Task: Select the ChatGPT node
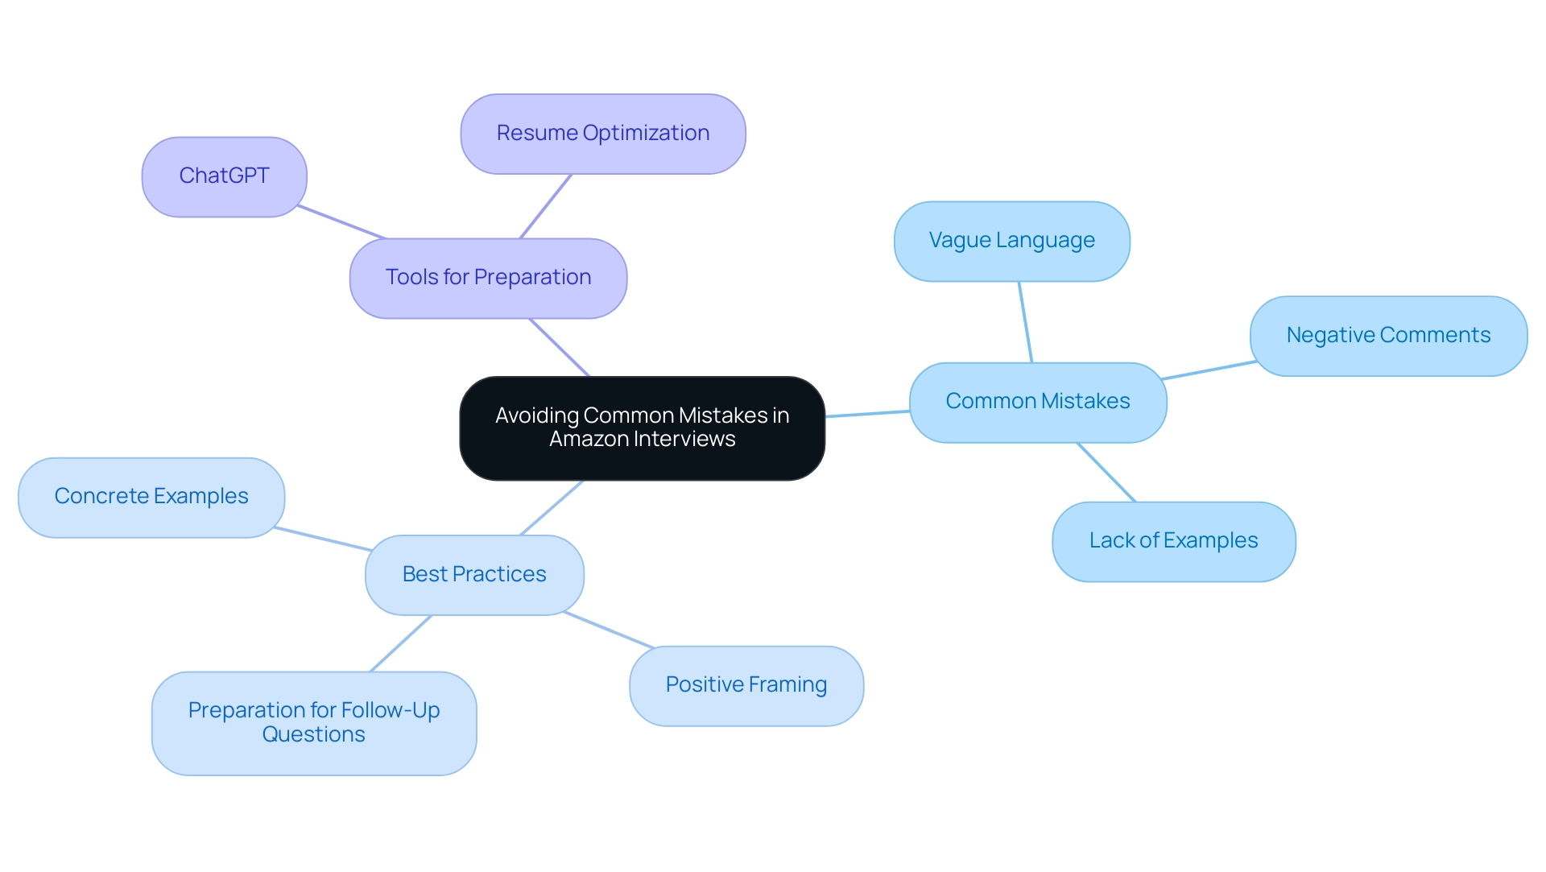[x=224, y=176]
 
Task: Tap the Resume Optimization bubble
[x=602, y=134]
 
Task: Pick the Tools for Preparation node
[x=488, y=278]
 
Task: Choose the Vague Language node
[x=1011, y=241]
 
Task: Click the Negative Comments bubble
[x=1387, y=336]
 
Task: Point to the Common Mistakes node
[x=1037, y=402]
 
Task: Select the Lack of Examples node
[x=1173, y=541]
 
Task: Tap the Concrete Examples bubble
[x=151, y=497]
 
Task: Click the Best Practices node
[x=474, y=575]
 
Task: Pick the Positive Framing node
[x=746, y=685]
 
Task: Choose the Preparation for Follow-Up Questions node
[x=314, y=723]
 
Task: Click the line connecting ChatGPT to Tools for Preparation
[x=341, y=222]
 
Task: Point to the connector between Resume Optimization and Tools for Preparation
[x=546, y=206]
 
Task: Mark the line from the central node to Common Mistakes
[x=867, y=414]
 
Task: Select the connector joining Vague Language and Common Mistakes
[x=1025, y=322]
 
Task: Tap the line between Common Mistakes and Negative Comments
[x=1209, y=370]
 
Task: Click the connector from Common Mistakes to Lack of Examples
[x=1106, y=473]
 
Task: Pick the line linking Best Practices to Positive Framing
[x=609, y=630]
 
